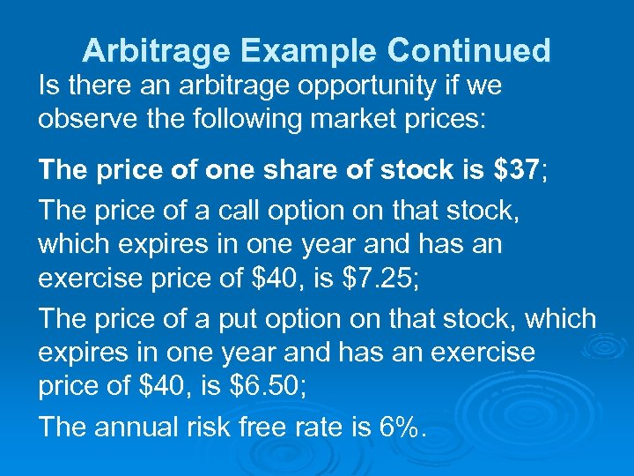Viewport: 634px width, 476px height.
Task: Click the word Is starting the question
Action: coord(48,86)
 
